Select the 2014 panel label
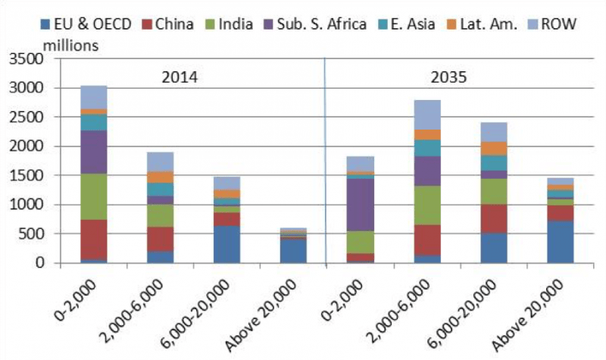[180, 77]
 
